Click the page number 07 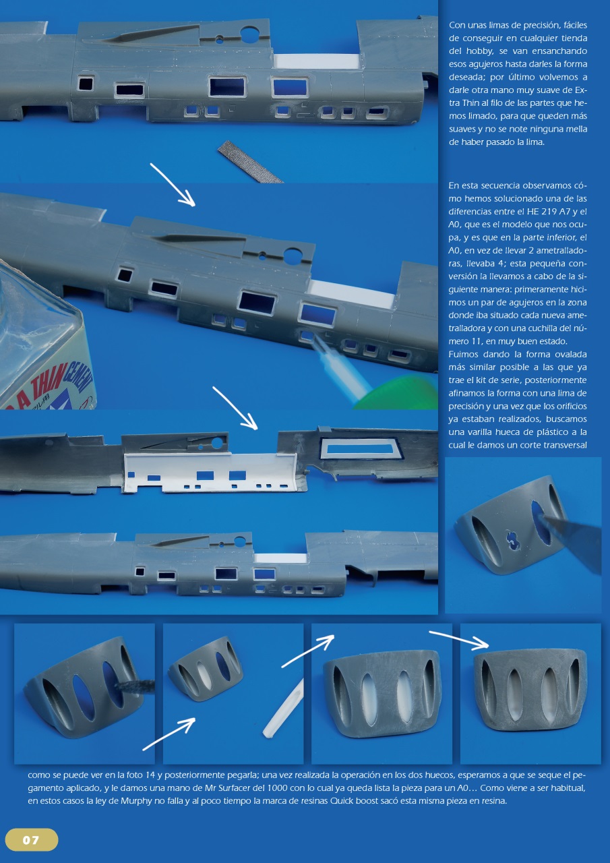point(31,840)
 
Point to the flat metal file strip point(250,162)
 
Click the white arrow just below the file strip point(172,184)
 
